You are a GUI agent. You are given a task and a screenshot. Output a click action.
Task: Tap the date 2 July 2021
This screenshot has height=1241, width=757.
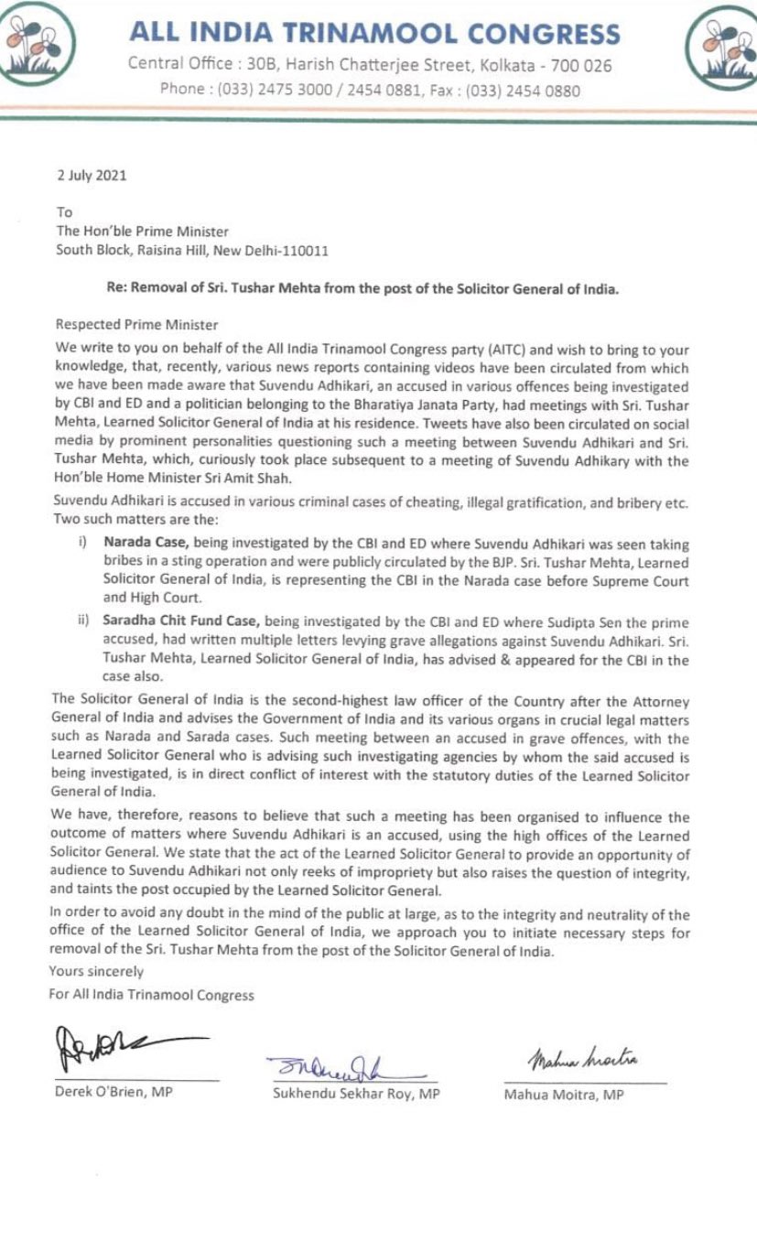pos(91,175)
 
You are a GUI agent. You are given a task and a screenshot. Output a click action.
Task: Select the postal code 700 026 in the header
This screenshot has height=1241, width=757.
pos(579,65)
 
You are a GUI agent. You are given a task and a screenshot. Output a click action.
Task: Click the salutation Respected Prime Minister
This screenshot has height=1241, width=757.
pos(137,324)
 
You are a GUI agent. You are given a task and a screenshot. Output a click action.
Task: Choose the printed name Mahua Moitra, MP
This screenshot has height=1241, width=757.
pos(563,1095)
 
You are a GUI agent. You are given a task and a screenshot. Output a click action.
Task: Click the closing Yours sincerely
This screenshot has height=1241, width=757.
pos(97,971)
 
